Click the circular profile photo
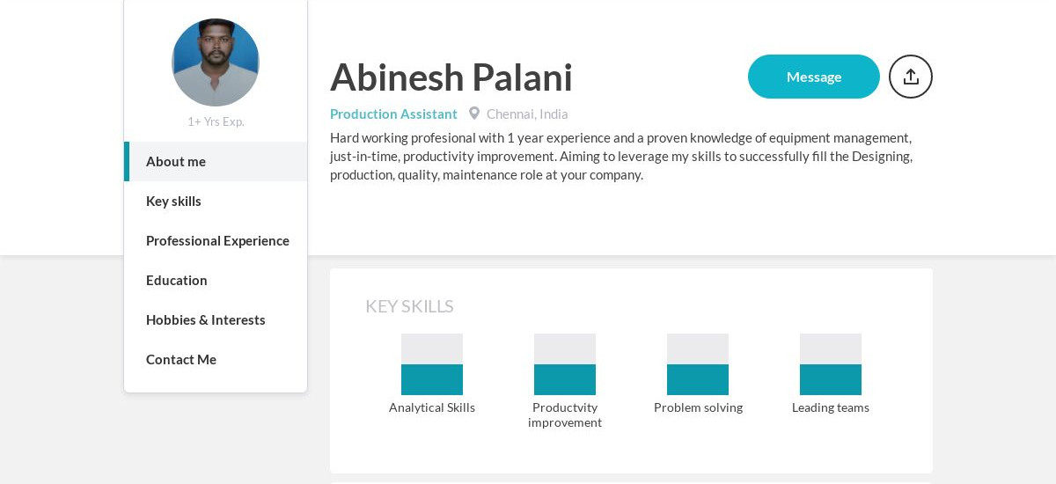216,62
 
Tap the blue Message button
813,77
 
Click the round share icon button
911,77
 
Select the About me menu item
176,162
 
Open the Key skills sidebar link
173,202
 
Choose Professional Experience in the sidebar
217,241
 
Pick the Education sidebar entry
177,281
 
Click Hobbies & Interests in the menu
205,320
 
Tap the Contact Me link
181,360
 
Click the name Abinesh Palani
451,77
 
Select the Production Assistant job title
393,114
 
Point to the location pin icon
474,114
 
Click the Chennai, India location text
527,114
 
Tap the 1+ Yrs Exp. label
216,121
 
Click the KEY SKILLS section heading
409,306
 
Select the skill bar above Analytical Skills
432,364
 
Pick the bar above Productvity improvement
565,364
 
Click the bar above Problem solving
698,364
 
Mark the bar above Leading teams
831,364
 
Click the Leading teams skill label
831,407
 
